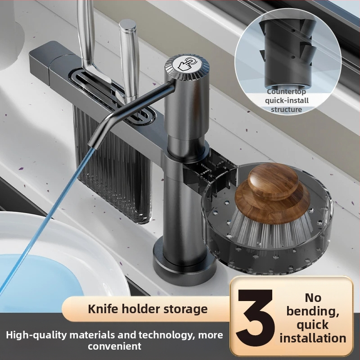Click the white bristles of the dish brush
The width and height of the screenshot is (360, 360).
271,232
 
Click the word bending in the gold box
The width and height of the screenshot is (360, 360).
313,311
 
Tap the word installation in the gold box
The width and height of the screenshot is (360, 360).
313,338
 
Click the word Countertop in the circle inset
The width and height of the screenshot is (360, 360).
287,92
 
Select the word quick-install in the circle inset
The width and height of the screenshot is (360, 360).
287,100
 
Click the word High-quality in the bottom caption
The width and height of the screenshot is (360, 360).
36,335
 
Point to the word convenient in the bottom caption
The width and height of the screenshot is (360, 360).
115,346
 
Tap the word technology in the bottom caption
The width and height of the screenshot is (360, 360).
165,335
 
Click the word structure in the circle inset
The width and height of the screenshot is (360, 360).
286,109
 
